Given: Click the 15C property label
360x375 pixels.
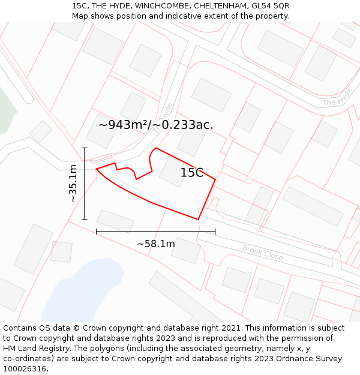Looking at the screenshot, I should point(192,173).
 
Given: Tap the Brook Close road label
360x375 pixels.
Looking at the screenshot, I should point(263,253).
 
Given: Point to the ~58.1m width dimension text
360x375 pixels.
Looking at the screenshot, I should point(156,244).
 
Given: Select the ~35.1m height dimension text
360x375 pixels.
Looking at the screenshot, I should point(73,183).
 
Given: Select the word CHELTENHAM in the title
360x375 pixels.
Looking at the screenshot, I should point(218,5).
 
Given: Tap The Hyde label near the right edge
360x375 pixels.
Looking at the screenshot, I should point(337,101).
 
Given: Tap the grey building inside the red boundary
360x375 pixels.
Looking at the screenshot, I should point(174,172).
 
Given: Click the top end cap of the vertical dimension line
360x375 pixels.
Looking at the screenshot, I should point(85,148).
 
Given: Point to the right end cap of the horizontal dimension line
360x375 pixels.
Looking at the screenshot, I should point(215,231).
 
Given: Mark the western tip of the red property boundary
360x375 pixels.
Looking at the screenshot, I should point(97,169).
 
